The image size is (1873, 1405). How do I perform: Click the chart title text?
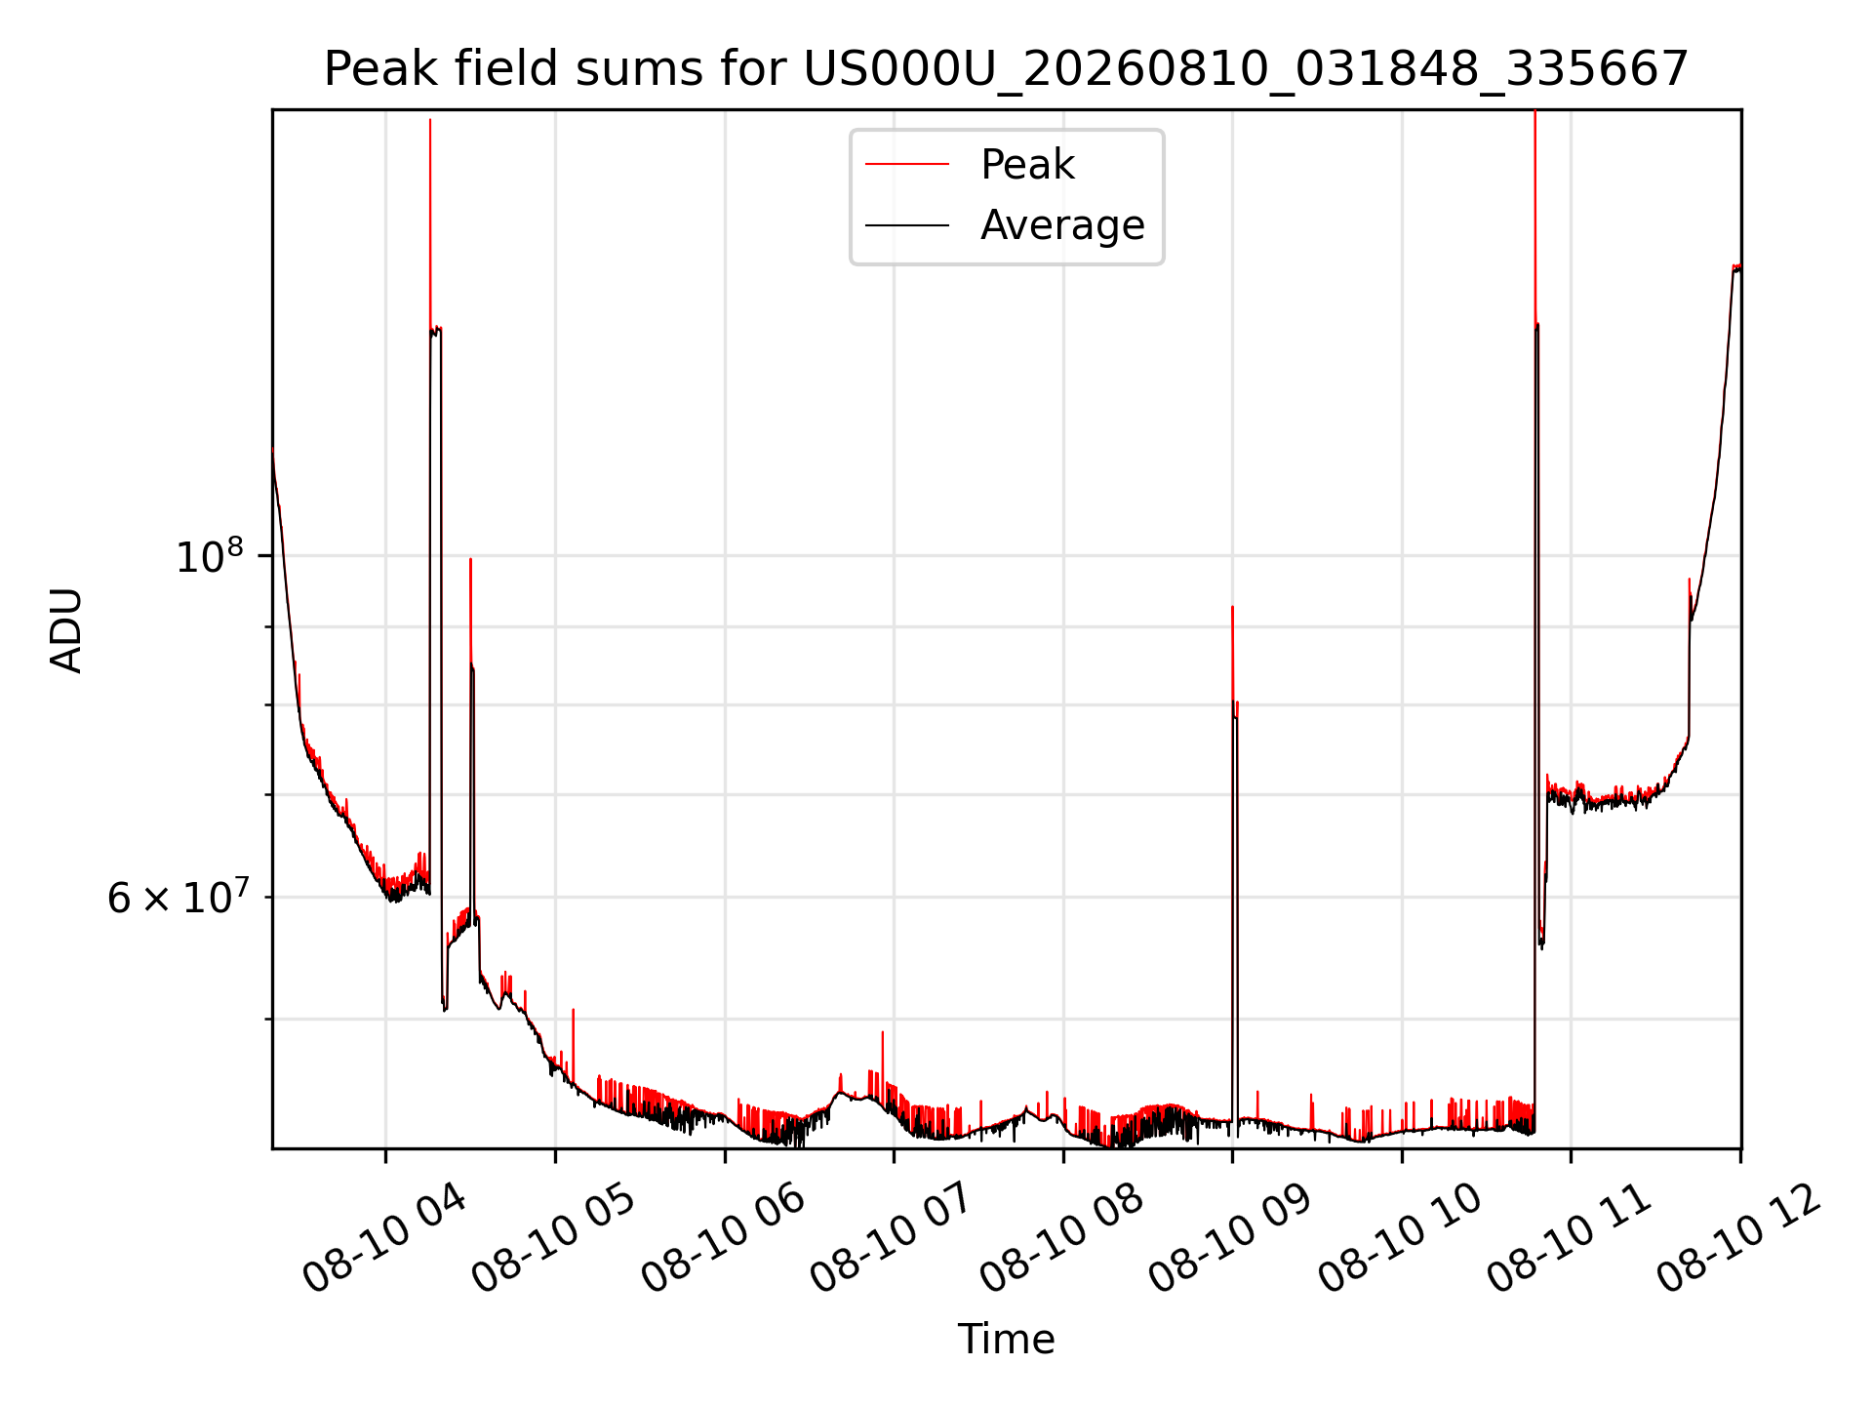coord(1006,69)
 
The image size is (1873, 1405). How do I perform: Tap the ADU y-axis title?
coord(66,629)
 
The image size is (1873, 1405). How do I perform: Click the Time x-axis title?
coord(1006,1339)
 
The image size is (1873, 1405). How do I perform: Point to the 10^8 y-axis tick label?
coord(210,555)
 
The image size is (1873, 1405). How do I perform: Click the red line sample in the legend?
coord(907,164)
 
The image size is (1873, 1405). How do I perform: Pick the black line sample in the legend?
coord(907,225)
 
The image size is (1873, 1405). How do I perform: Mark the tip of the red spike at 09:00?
coord(1232,607)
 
